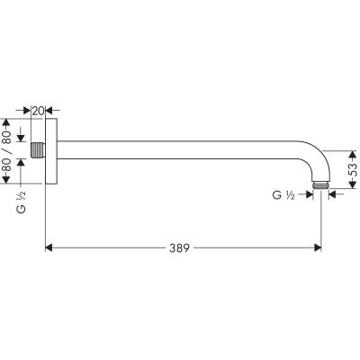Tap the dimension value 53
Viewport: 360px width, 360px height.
pos(352,167)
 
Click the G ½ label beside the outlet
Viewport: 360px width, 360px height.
pos(285,194)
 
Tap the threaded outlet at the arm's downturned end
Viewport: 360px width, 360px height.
pos(321,185)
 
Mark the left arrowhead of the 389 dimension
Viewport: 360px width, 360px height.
pos(49,246)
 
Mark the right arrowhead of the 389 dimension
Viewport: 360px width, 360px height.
pos(316,246)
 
